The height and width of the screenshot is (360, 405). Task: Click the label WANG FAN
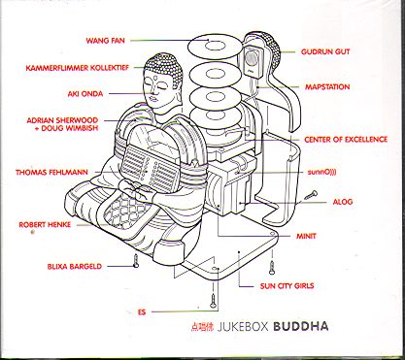click(x=105, y=41)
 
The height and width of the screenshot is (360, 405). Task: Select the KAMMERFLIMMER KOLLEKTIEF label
click(x=78, y=68)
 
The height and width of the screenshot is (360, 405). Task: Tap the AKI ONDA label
click(x=85, y=94)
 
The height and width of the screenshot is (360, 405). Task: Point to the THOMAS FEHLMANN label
click(x=51, y=173)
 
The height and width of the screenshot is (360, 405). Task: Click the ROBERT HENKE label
click(x=45, y=225)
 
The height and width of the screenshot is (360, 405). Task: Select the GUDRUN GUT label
click(x=325, y=51)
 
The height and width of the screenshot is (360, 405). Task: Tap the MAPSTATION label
click(x=327, y=87)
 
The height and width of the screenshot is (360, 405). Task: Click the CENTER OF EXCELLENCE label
click(x=346, y=140)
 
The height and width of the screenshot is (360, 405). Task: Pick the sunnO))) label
click(x=321, y=172)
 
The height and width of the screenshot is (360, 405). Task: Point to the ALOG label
click(x=343, y=202)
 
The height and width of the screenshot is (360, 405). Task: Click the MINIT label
click(x=306, y=236)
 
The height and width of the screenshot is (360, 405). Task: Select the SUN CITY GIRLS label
click(x=287, y=286)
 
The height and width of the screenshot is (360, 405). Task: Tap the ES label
click(x=142, y=312)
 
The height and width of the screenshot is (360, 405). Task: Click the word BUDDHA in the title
click(x=301, y=326)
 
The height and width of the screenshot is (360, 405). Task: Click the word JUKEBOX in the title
click(x=244, y=327)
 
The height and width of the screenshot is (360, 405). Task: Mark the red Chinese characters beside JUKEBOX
click(x=201, y=327)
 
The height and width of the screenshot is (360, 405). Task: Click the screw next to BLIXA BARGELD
click(x=136, y=260)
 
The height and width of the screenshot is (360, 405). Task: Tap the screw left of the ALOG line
click(x=311, y=195)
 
